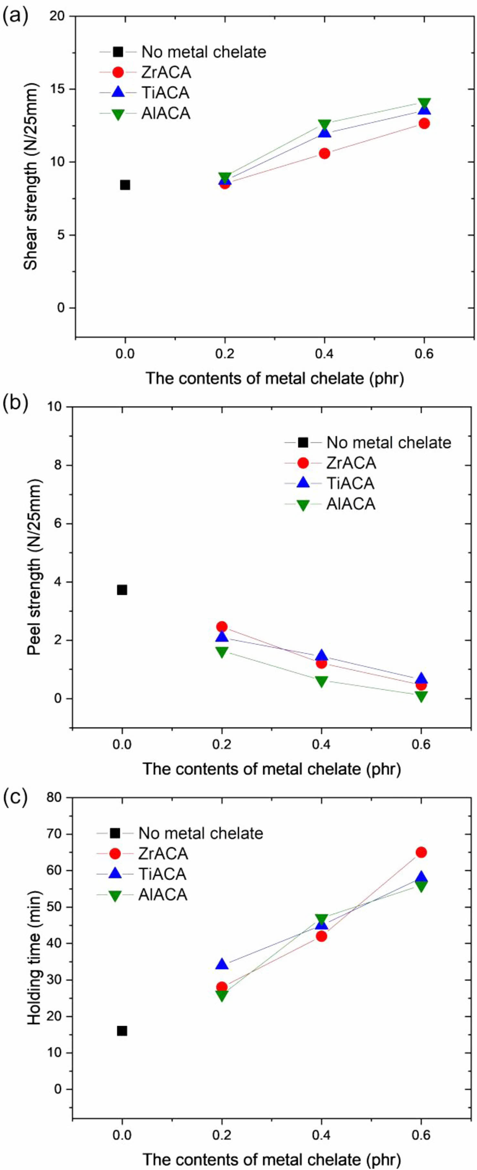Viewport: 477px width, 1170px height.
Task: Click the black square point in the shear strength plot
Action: pos(125,185)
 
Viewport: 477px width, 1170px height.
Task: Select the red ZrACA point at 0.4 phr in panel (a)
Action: pos(324,154)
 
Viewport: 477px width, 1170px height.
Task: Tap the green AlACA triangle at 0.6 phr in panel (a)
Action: pos(424,103)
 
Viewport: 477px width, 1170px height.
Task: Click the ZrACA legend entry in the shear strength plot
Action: pos(166,72)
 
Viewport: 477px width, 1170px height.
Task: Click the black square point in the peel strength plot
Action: pos(122,590)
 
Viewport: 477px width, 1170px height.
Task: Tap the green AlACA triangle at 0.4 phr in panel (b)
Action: pos(321,681)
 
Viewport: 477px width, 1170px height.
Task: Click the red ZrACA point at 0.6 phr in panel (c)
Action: pos(421,852)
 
